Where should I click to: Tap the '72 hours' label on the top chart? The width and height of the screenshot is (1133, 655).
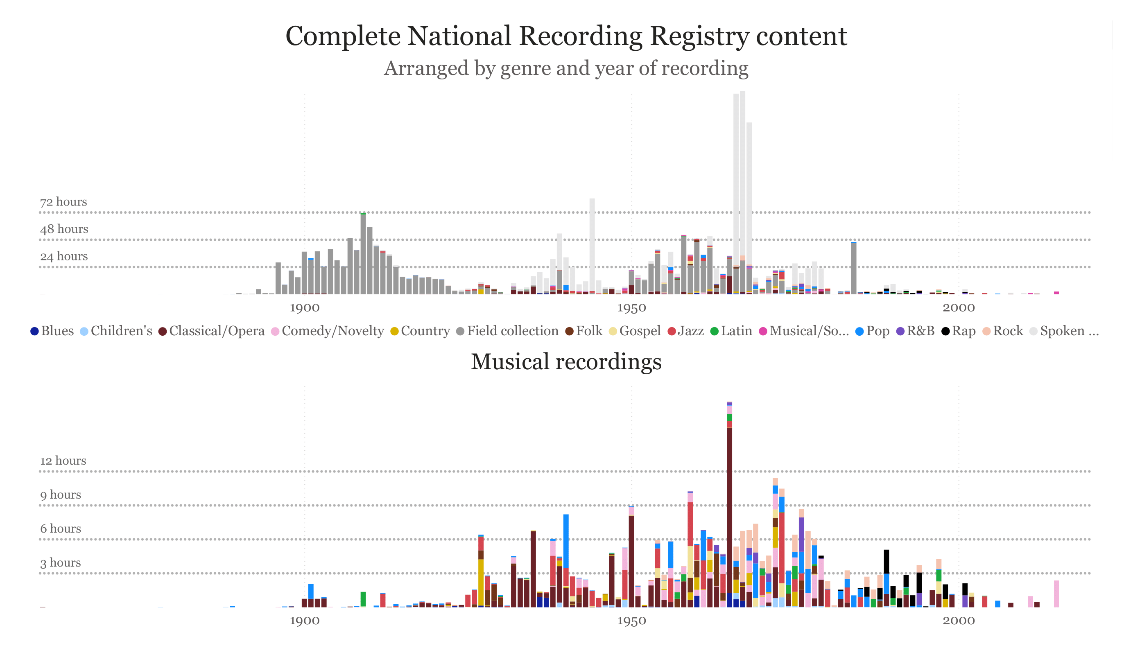coord(63,202)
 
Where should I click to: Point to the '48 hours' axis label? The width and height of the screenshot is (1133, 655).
coord(64,229)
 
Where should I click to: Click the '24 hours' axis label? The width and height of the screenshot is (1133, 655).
coord(64,256)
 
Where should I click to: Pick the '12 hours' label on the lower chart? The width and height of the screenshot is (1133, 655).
coord(63,461)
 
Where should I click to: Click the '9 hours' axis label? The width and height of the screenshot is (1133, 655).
coord(60,495)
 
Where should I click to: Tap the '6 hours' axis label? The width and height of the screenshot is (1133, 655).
coord(60,529)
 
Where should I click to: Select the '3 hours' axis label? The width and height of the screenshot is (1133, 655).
coord(60,563)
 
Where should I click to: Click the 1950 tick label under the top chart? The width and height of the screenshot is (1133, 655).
coord(631,308)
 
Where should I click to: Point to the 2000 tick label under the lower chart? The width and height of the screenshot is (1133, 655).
coord(959,621)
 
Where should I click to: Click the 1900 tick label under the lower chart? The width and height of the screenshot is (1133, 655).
coord(304,621)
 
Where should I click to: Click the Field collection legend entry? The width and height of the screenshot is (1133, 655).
coord(507,331)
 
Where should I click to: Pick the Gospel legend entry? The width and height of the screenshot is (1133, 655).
coord(634,331)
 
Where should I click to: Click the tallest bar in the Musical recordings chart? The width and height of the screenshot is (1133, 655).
coord(729,517)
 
